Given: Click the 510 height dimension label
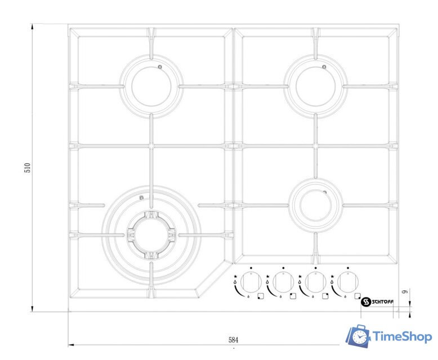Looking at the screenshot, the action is (28, 168).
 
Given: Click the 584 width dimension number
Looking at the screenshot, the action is (234, 340).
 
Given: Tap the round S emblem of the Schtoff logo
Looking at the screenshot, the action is (365, 302).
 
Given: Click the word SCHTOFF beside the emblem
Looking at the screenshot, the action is (382, 302).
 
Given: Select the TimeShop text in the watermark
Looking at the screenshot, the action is (402, 336).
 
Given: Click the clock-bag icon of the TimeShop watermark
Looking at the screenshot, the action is (358, 336).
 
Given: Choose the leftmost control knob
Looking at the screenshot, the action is (251, 282).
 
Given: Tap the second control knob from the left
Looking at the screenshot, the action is (283, 282).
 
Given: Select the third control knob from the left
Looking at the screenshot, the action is (316, 282).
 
